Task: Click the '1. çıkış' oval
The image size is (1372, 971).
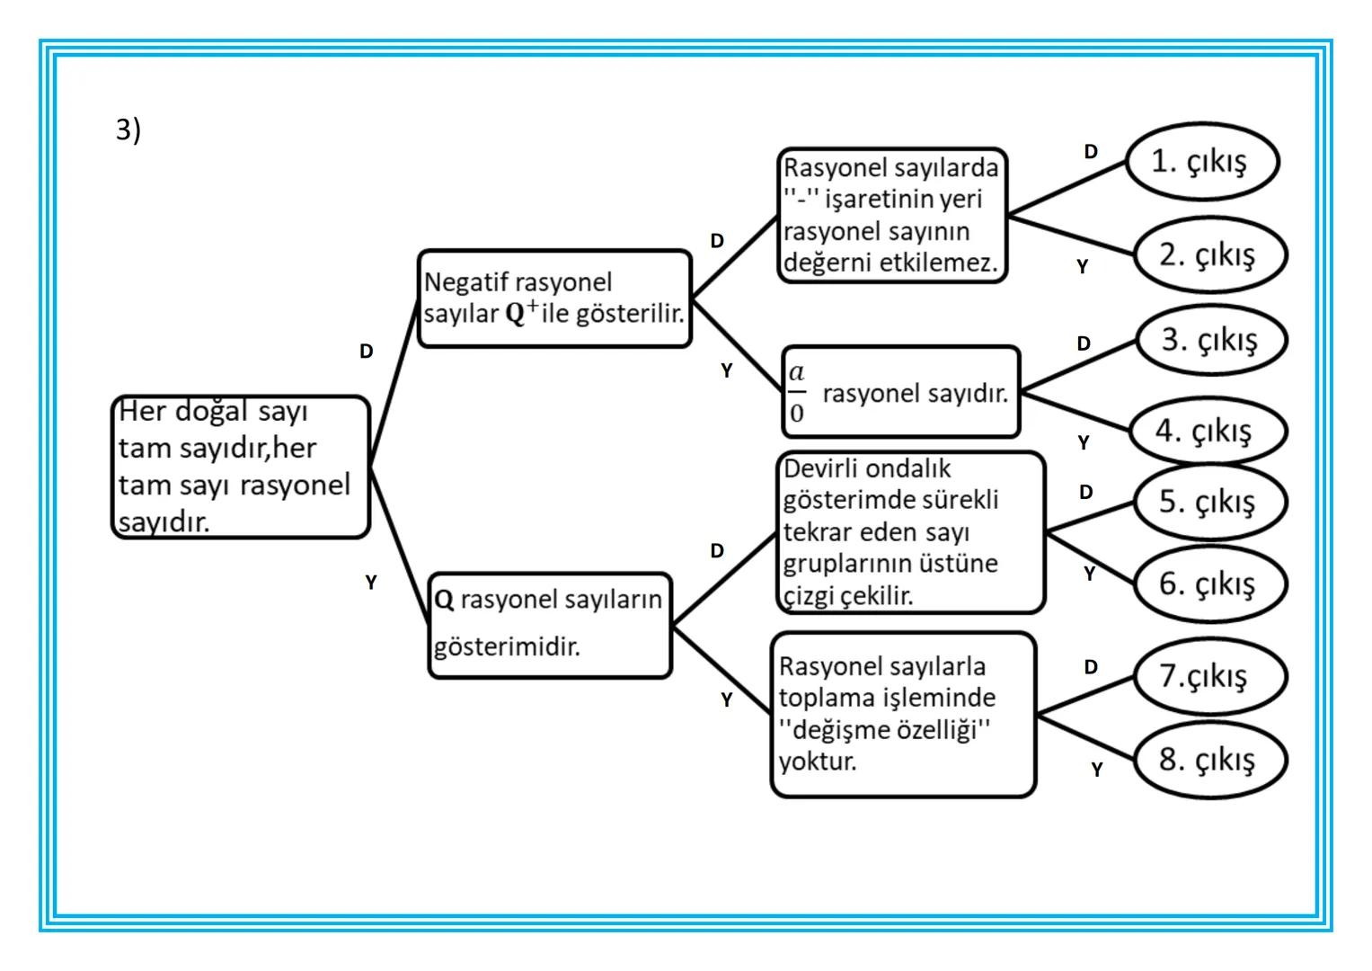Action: click(1201, 162)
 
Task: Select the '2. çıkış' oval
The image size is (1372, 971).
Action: click(1210, 254)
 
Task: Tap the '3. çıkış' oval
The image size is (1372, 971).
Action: click(1211, 340)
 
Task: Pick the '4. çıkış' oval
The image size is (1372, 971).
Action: click(1207, 431)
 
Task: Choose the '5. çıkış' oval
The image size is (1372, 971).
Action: click(1209, 501)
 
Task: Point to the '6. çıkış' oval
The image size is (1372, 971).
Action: click(1209, 583)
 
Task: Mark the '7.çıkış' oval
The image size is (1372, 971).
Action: click(1209, 676)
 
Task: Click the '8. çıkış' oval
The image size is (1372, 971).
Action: click(1209, 760)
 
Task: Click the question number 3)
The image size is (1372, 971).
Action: click(128, 129)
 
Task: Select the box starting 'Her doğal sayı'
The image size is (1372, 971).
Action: click(240, 467)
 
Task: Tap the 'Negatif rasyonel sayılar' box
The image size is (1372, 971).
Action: click(554, 298)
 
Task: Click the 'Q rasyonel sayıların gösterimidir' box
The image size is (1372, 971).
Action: click(549, 625)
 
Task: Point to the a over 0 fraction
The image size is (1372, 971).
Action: click(797, 393)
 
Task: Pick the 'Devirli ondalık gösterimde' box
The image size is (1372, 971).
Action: click(910, 532)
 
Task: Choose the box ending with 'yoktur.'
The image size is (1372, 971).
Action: click(903, 715)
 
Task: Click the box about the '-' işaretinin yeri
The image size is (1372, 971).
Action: click(891, 216)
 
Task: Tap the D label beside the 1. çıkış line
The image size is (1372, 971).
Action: click(1091, 151)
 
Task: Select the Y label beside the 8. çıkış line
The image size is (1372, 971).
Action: click(1096, 770)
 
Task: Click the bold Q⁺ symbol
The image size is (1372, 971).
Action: click(521, 312)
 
